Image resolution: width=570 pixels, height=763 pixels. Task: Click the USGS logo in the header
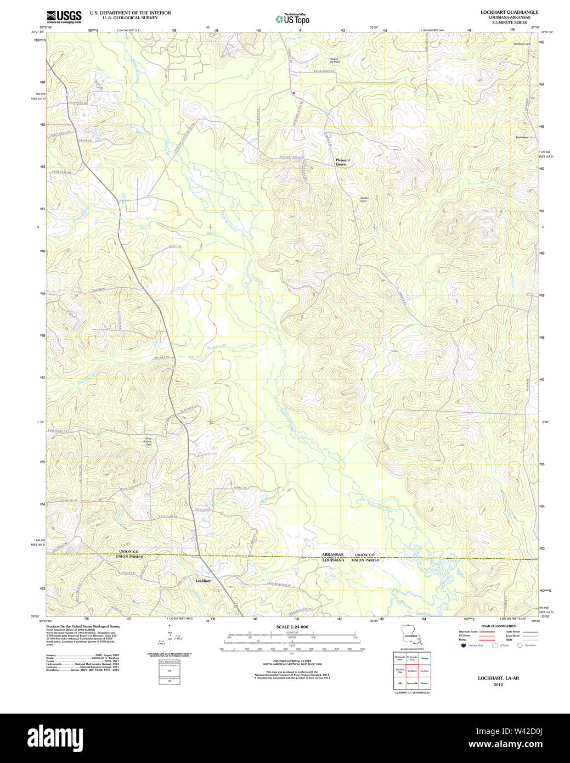[64, 16]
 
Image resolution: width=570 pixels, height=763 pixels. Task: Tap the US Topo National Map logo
[292, 19]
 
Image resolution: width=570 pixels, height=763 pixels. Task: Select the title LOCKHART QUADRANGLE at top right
[509, 12]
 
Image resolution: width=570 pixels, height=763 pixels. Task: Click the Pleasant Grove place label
[342, 162]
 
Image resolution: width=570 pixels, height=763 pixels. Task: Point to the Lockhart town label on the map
[203, 580]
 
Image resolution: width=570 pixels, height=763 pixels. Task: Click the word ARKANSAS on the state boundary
[332, 555]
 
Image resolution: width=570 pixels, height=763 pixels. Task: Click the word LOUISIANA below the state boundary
[333, 560]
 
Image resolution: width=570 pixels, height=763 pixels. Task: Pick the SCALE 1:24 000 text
[292, 627]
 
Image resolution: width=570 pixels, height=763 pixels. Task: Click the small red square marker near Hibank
[294, 93]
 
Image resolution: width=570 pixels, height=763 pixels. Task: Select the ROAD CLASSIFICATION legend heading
[498, 626]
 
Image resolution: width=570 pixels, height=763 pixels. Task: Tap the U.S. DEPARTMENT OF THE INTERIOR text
[130, 13]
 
